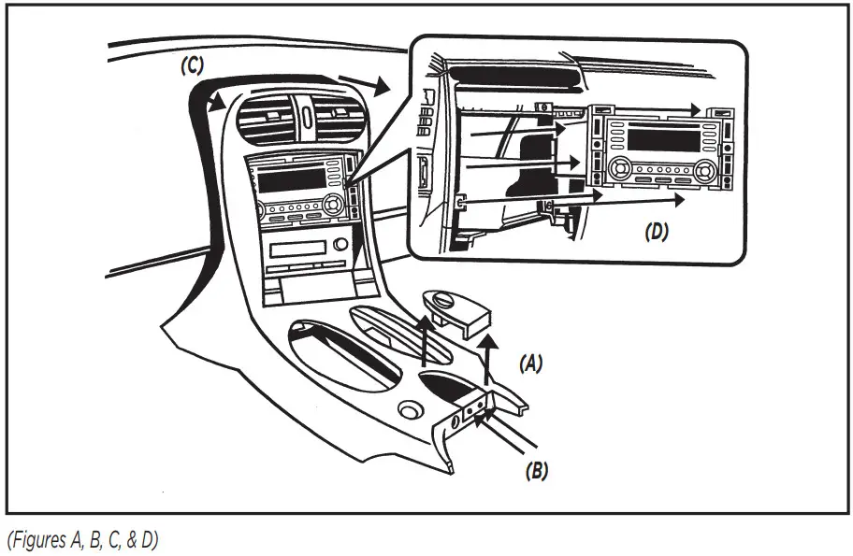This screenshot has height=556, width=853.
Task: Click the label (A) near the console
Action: point(530,363)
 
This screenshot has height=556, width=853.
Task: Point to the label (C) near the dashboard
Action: point(194,67)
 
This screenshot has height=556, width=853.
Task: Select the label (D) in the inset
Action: point(657,233)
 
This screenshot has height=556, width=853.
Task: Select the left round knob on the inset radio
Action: point(618,170)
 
